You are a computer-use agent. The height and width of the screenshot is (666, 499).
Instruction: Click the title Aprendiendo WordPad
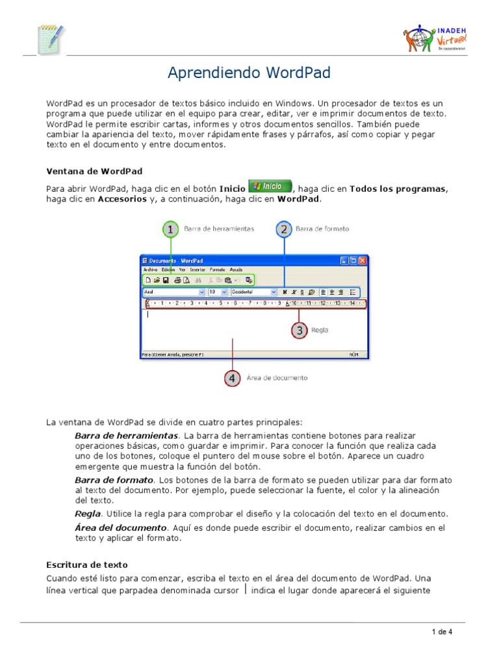coord(249,73)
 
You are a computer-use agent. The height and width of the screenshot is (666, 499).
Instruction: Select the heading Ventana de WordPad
coord(94,171)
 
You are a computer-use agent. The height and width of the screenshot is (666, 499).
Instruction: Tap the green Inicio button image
coord(270,186)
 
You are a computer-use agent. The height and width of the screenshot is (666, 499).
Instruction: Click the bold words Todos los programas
coord(398,189)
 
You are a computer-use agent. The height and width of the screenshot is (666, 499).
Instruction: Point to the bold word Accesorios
coord(122,199)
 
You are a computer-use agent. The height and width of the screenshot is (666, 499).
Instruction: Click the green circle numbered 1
coord(170,229)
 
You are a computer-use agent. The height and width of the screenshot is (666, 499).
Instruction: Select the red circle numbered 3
coord(299,330)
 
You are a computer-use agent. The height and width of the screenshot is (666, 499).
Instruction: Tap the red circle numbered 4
coord(231,377)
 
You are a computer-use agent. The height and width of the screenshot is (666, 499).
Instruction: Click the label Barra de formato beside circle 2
coord(322,229)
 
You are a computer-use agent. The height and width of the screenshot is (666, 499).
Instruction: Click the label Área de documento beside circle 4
coord(277,377)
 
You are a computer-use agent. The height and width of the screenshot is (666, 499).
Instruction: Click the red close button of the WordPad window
coord(362,260)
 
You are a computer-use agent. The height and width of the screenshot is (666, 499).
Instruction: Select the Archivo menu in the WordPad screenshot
coord(150,269)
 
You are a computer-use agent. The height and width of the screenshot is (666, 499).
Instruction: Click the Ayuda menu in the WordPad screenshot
coord(237,269)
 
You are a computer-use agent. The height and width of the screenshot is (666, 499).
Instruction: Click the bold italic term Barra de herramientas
coord(126,435)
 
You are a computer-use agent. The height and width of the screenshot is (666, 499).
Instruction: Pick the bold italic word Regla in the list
coord(88,514)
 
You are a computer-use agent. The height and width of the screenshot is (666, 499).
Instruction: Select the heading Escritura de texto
coord(87,565)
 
